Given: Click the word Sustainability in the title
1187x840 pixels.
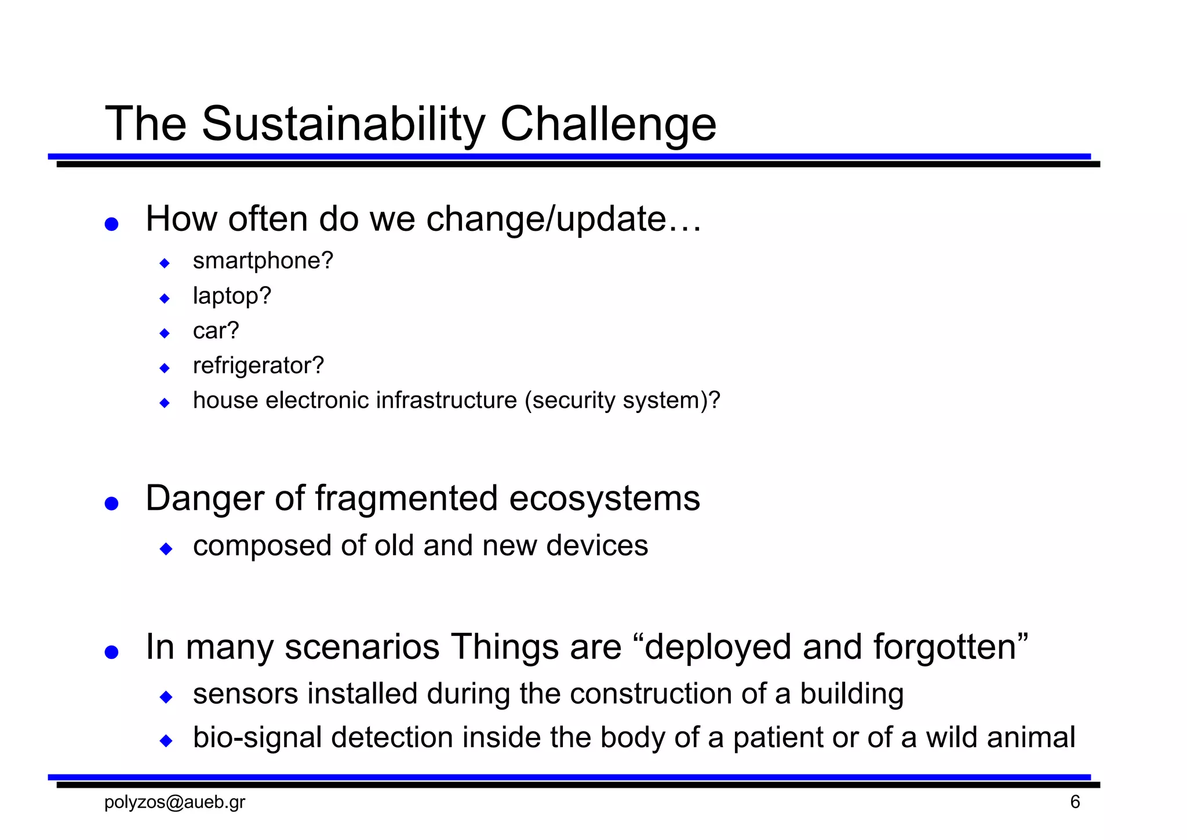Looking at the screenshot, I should [x=343, y=124].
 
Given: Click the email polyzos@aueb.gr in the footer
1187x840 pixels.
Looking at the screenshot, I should [x=174, y=802].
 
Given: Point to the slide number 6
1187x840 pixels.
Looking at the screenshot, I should [x=1075, y=802].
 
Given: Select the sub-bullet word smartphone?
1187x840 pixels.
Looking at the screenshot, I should [x=263, y=261].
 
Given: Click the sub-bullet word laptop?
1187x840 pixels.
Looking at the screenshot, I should [x=232, y=296].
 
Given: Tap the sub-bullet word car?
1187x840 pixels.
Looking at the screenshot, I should [x=216, y=331].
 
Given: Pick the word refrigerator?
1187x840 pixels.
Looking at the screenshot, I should [x=258, y=365].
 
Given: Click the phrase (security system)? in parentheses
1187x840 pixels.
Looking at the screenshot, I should [x=622, y=400].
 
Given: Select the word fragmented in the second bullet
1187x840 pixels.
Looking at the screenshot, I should [x=406, y=498].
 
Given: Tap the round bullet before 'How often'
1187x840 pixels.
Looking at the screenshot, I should [x=111, y=224].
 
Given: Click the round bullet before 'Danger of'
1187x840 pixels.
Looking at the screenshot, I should [x=111, y=503].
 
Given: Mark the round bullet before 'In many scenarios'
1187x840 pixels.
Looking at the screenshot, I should [x=111, y=652].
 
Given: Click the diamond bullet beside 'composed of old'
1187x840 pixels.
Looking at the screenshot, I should [x=166, y=548].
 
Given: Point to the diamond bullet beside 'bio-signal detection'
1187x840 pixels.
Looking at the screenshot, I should [x=166, y=740].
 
